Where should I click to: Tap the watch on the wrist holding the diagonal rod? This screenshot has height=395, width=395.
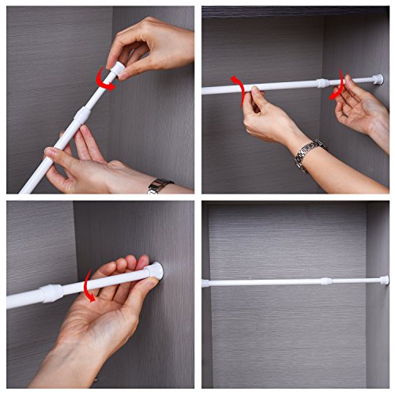coord(159,186)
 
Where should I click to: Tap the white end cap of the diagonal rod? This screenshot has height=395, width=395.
coord(117,70)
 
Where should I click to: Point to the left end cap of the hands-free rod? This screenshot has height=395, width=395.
coord(205,283)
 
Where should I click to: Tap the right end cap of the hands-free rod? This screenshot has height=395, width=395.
coord(384,280)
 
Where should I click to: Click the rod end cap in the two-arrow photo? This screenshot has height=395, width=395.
coord(378,79)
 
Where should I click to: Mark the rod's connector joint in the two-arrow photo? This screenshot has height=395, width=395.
coord(321,82)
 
